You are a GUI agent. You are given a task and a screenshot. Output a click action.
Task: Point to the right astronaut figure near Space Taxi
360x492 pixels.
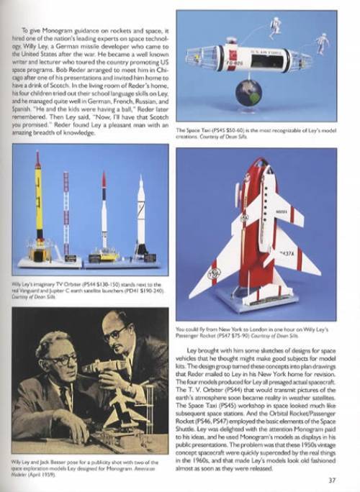(322, 44)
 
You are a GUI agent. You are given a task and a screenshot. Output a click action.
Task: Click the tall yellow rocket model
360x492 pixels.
(38, 209)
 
